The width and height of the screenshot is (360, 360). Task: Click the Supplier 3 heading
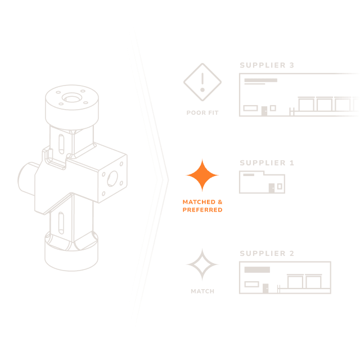coord(267,65)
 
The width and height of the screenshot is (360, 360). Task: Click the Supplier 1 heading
coord(267,163)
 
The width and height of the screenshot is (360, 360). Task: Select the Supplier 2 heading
coord(267,254)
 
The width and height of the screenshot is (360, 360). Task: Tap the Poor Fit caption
coord(202,113)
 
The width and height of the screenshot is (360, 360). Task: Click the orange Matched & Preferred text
coord(202,205)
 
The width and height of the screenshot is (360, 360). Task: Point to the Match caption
coord(202,291)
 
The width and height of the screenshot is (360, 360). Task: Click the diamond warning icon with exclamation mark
coord(202,82)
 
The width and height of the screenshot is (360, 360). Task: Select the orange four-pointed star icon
coord(202,176)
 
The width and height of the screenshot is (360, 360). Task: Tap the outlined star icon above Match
coord(202,264)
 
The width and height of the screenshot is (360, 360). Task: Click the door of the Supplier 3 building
coord(264,111)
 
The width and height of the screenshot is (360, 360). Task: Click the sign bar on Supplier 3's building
coord(260,80)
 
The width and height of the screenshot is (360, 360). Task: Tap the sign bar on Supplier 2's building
coord(257,270)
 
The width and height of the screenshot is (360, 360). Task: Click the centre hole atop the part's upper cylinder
coord(71,99)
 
